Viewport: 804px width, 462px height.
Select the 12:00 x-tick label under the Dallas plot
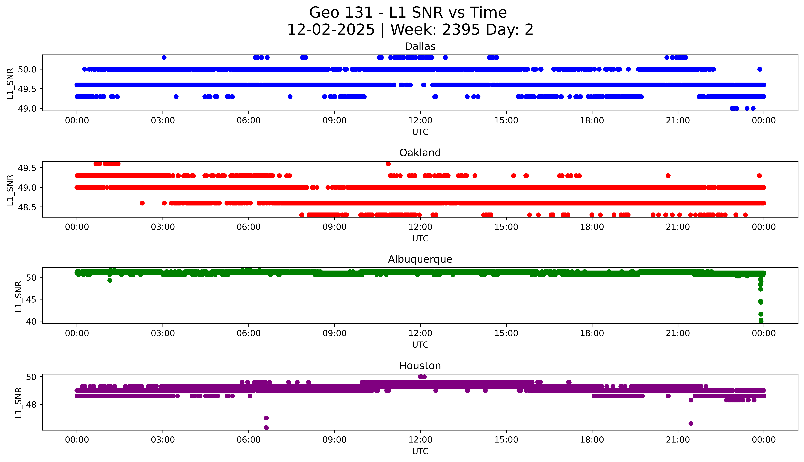[420, 121]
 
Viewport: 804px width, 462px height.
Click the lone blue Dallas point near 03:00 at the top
[164, 57]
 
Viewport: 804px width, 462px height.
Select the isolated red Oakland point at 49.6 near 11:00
[388, 164]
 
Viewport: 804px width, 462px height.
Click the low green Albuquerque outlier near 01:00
[110, 280]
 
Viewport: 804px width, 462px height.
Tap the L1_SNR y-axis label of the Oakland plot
[10, 190]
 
